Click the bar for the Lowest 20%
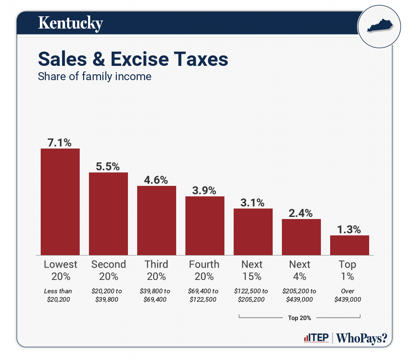tap(60, 201)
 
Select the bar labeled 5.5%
tap(108, 214)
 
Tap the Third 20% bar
tap(156, 220)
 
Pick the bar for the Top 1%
tap(349, 245)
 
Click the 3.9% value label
tap(205, 190)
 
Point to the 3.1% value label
tap(253, 203)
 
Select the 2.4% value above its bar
tap(301, 213)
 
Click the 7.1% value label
tap(60, 143)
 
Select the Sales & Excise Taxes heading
tap(133, 59)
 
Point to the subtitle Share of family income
tap(94, 77)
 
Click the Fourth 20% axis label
tap(204, 270)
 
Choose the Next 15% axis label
tap(252, 270)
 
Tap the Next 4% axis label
tap(300, 270)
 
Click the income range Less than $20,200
tap(58, 295)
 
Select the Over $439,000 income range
tap(347, 295)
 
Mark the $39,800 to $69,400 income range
tap(156, 295)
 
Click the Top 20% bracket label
tap(300, 318)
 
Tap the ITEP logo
tap(315, 338)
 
